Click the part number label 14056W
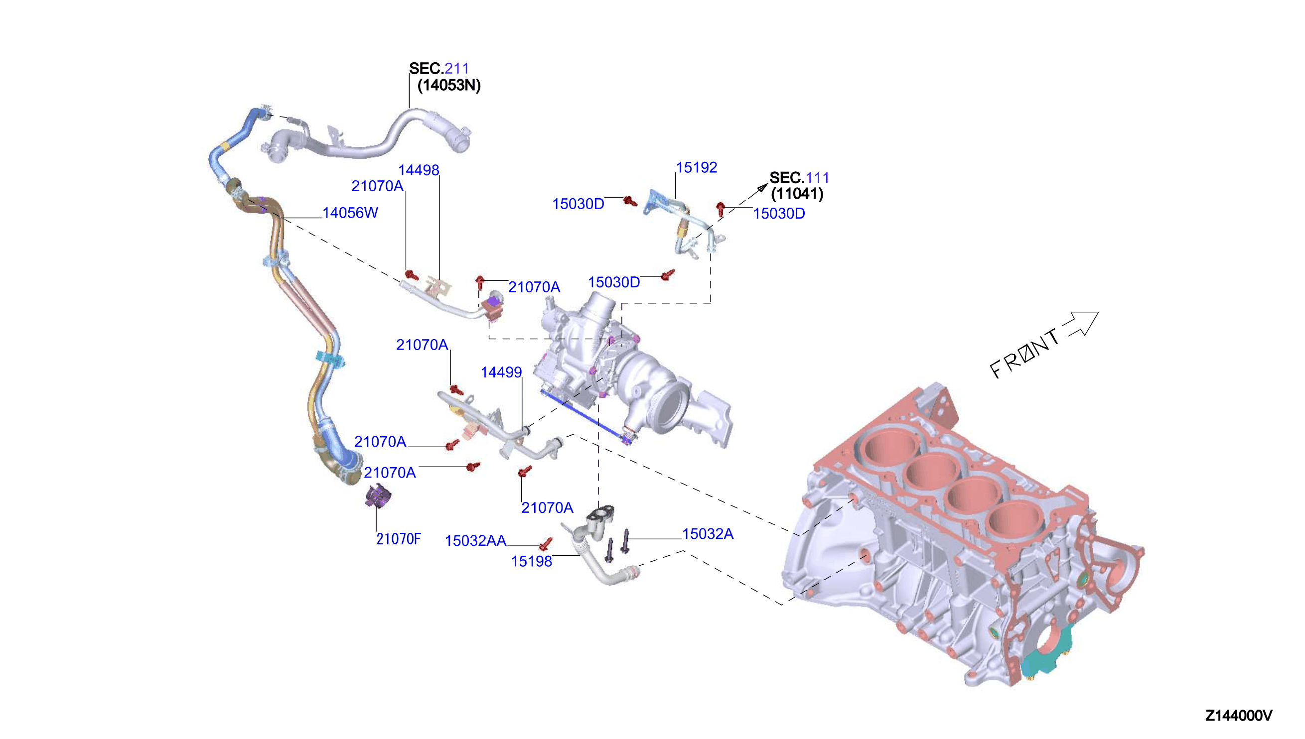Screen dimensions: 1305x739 pos(350,213)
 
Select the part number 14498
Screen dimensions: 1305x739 pos(419,170)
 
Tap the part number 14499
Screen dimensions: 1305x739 pos(501,372)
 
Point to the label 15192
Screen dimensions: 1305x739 pos(696,167)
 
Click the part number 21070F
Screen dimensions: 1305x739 pos(399,539)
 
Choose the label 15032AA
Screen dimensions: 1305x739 pos(476,540)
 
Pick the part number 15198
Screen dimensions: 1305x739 pos(531,561)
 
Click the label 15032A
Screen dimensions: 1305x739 pos(708,534)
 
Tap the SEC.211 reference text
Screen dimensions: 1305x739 pos(439,68)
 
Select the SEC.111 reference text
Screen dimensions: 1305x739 pos(799,178)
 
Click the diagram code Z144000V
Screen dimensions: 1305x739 pos(1239,716)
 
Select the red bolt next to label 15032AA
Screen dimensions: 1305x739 pos(545,544)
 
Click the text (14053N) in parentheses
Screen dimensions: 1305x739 pos(449,85)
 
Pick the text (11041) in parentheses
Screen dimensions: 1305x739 pos(797,194)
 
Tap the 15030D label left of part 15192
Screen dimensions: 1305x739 pos(578,204)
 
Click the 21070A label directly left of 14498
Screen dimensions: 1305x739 pos(377,186)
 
